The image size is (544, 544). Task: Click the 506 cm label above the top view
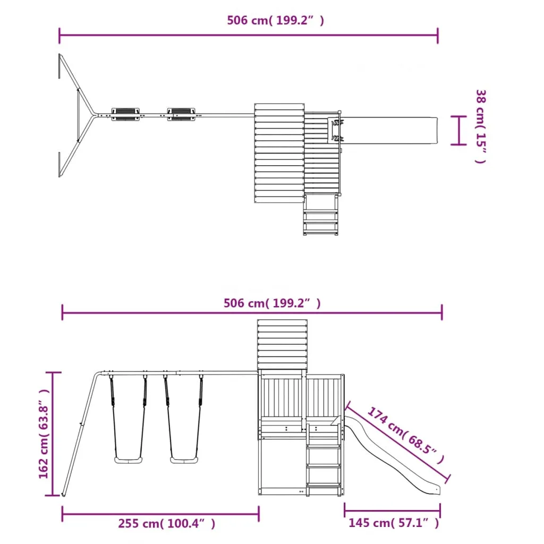tap(276, 21)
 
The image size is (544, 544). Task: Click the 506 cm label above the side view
tap(272, 303)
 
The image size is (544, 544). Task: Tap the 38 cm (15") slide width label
tap(481, 126)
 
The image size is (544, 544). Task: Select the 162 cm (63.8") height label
tap(44, 434)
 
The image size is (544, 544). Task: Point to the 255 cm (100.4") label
tap(166, 523)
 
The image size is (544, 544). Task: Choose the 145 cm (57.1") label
tap(394, 523)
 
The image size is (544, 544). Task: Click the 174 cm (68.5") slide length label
tap(405, 435)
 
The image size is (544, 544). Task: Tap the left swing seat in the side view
tap(129, 460)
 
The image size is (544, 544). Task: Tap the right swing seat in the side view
tap(184, 460)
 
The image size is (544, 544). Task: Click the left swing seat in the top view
tap(125, 114)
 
